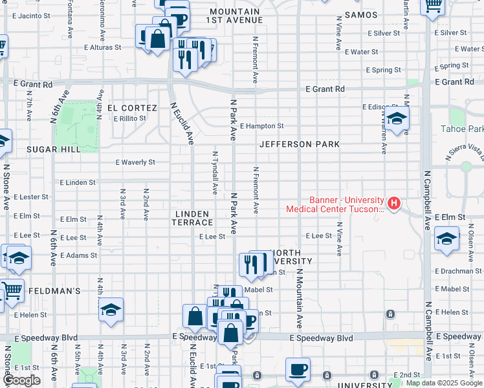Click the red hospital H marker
point(393,204)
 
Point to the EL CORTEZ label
point(132,108)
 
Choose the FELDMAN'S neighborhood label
point(54,291)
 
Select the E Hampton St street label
point(261,126)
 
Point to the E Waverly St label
point(135,162)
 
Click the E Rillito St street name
point(129,118)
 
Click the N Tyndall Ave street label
point(215,172)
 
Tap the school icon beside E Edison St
point(397,118)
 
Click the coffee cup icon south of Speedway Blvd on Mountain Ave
point(298,369)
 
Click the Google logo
point(21,380)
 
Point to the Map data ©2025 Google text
point(444,383)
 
